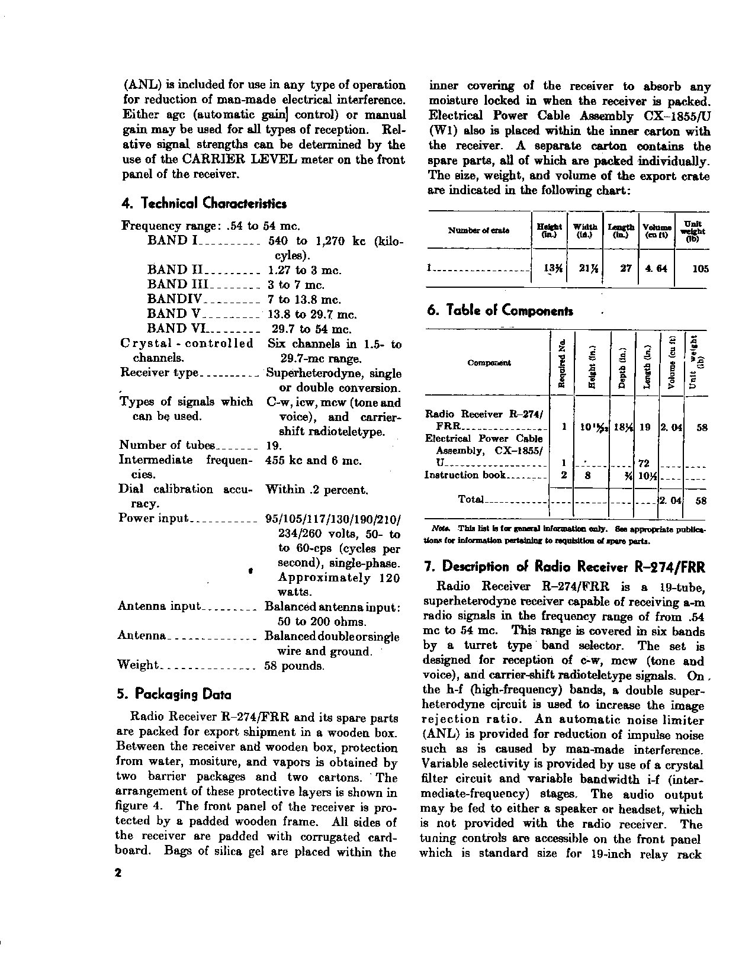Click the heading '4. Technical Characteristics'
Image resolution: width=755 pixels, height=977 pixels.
click(204, 204)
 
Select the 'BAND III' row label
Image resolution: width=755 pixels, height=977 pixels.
click(175, 285)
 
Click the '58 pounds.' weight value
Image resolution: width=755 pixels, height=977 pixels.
click(294, 666)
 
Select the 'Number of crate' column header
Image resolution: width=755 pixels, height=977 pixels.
click(478, 230)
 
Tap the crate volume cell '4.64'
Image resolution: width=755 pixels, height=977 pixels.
click(656, 268)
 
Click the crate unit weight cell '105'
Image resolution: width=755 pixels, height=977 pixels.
click(700, 268)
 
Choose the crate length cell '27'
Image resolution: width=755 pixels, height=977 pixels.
click(625, 268)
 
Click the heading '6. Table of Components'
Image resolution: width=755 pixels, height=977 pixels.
click(500, 311)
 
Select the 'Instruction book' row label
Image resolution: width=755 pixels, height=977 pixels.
click(465, 475)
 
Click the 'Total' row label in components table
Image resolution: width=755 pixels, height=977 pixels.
click(471, 500)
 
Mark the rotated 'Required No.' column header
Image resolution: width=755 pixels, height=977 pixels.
click(563, 363)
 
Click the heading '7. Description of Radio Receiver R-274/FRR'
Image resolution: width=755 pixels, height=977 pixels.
click(565, 567)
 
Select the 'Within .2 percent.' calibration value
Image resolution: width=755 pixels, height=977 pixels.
click(317, 490)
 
